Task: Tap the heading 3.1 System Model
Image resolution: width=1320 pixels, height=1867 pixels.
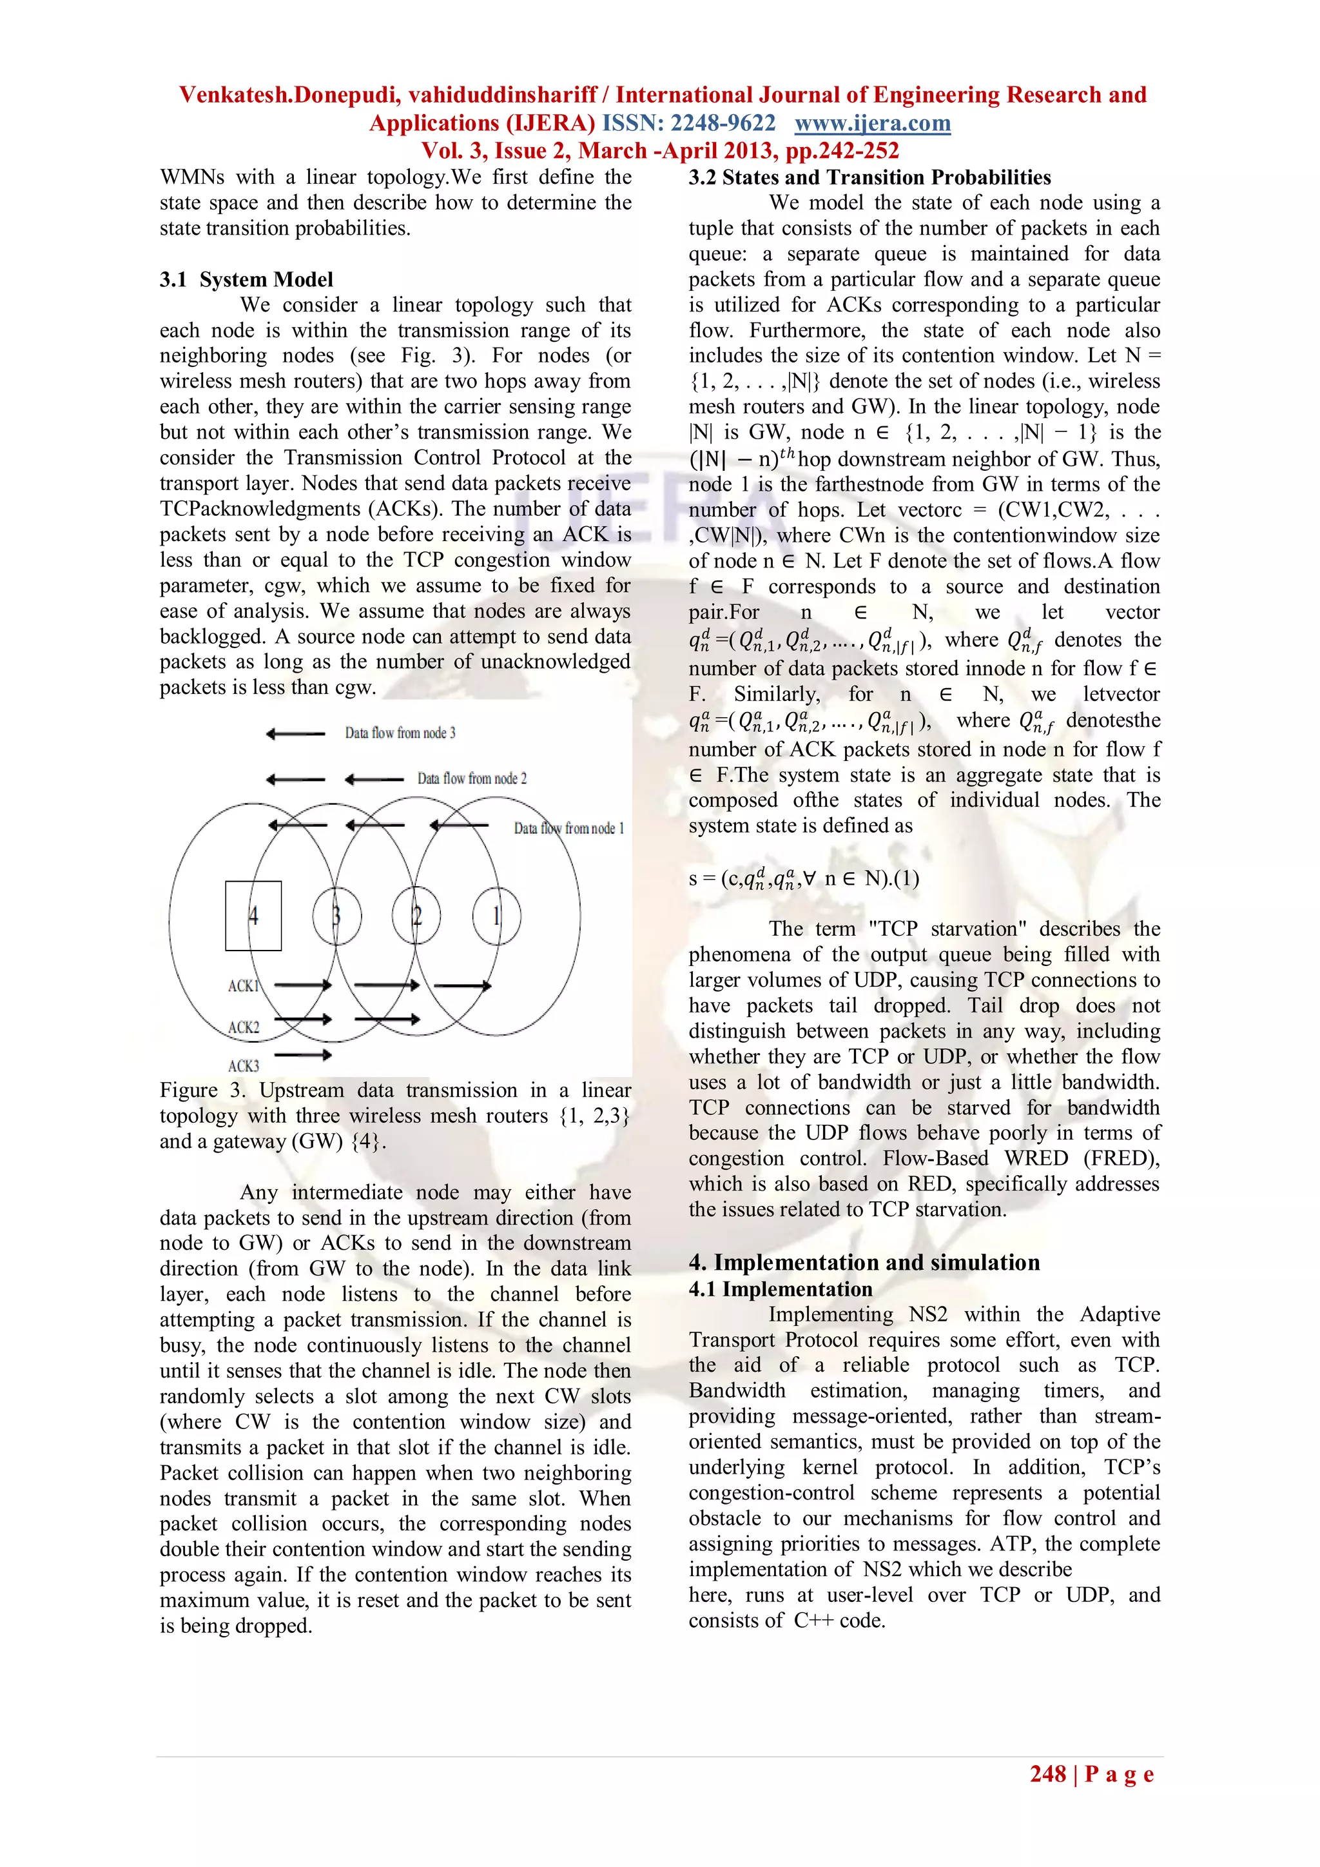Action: [246, 280]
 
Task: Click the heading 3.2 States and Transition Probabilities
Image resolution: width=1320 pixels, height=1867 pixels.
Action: [869, 177]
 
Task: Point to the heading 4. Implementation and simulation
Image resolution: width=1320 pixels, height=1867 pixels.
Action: [864, 1262]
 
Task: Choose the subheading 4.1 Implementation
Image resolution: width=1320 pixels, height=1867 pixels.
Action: [781, 1289]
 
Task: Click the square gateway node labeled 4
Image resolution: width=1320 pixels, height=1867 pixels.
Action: [253, 916]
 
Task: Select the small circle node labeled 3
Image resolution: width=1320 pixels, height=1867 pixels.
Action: [336, 916]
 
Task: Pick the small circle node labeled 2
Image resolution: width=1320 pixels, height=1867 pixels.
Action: [416, 916]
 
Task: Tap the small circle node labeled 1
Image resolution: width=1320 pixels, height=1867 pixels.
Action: [497, 916]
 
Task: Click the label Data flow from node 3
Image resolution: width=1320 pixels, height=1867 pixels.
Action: [400, 733]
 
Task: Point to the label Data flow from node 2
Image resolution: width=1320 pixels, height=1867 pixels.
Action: [471, 778]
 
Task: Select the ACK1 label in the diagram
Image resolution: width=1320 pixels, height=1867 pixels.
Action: [243, 985]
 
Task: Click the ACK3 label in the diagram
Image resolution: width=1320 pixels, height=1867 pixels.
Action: [243, 1065]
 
